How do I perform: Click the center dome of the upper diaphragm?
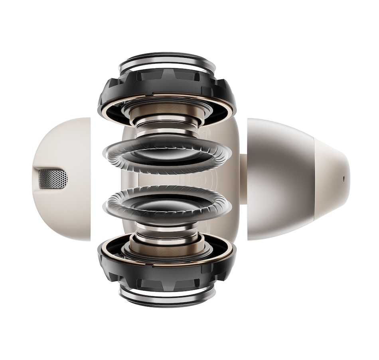tap(166, 152)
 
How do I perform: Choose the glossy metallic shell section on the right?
tap(279, 179)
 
